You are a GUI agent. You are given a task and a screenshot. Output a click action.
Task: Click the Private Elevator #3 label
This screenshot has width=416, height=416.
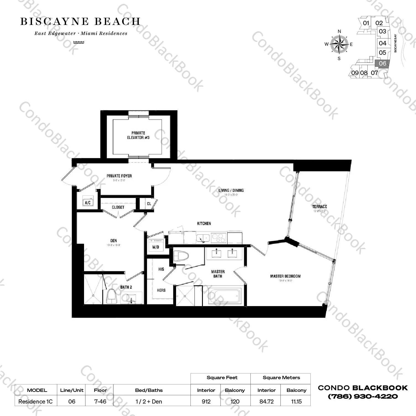pyautogui.click(x=138, y=135)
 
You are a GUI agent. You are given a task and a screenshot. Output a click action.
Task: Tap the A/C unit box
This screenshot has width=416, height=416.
pyautogui.click(x=88, y=202)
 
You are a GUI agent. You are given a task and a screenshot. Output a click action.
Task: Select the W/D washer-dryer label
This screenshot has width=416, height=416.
pyautogui.click(x=156, y=247)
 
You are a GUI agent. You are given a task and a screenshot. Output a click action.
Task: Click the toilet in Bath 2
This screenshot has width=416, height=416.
pyautogui.click(x=111, y=297)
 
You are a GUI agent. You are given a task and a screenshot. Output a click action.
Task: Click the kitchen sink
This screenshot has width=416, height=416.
pyautogui.click(x=203, y=238)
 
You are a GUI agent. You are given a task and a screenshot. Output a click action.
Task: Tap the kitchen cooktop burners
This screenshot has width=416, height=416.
pyautogui.click(x=219, y=238)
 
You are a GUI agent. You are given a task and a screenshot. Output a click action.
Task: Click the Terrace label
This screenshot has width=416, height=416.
pyautogui.click(x=320, y=206)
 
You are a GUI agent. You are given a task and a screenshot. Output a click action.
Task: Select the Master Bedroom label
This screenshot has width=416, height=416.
pyautogui.click(x=285, y=276)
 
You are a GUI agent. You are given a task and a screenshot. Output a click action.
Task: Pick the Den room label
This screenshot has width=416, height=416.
pyautogui.click(x=114, y=241)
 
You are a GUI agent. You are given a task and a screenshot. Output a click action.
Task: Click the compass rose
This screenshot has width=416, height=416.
pyautogui.click(x=339, y=44)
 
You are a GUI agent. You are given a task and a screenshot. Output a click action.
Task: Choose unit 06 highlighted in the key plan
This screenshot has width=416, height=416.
pyautogui.click(x=383, y=63)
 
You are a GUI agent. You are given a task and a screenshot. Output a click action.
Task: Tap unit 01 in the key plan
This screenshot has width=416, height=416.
pyautogui.click(x=366, y=23)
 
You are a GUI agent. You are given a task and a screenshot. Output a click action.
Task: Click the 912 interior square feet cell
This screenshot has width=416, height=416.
pyautogui.click(x=206, y=401)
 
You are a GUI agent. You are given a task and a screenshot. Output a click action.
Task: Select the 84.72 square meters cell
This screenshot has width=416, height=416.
pyautogui.click(x=266, y=401)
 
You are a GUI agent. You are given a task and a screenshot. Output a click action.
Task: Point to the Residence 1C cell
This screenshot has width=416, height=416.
pyautogui.click(x=35, y=401)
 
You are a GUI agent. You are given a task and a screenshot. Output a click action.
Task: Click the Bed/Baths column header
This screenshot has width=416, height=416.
pyautogui.click(x=149, y=390)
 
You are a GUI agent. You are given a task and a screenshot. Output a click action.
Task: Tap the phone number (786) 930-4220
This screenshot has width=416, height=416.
pyautogui.click(x=363, y=397)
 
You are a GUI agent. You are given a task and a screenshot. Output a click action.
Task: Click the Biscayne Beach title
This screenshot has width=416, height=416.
pyautogui.click(x=80, y=22)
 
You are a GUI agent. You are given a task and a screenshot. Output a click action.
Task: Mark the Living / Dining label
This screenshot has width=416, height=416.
pyautogui.click(x=231, y=190)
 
